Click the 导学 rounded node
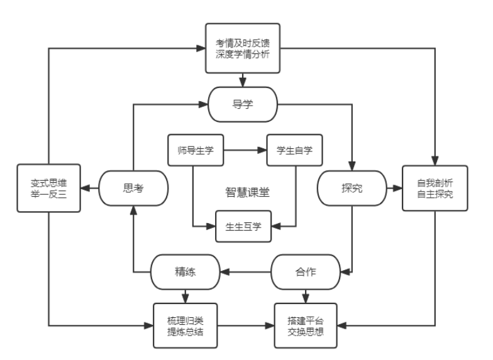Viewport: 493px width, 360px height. click(x=243, y=104)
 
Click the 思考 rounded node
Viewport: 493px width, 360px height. click(x=135, y=187)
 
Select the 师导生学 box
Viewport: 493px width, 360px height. click(x=196, y=150)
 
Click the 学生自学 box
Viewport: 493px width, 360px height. click(x=294, y=150)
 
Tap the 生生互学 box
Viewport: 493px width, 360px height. click(x=243, y=226)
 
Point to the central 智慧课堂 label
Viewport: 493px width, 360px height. click(x=245, y=189)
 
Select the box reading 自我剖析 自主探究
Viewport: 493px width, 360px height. click(x=434, y=188)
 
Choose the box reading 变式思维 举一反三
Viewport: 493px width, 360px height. click(x=48, y=188)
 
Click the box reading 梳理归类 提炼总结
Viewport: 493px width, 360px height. click(x=186, y=326)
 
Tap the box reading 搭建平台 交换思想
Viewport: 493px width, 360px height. click(x=306, y=326)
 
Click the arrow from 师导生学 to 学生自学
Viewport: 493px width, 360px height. click(x=245, y=150)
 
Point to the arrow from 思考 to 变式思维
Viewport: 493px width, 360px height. click(x=91, y=187)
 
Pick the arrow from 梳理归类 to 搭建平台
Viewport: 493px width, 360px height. click(x=246, y=326)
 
